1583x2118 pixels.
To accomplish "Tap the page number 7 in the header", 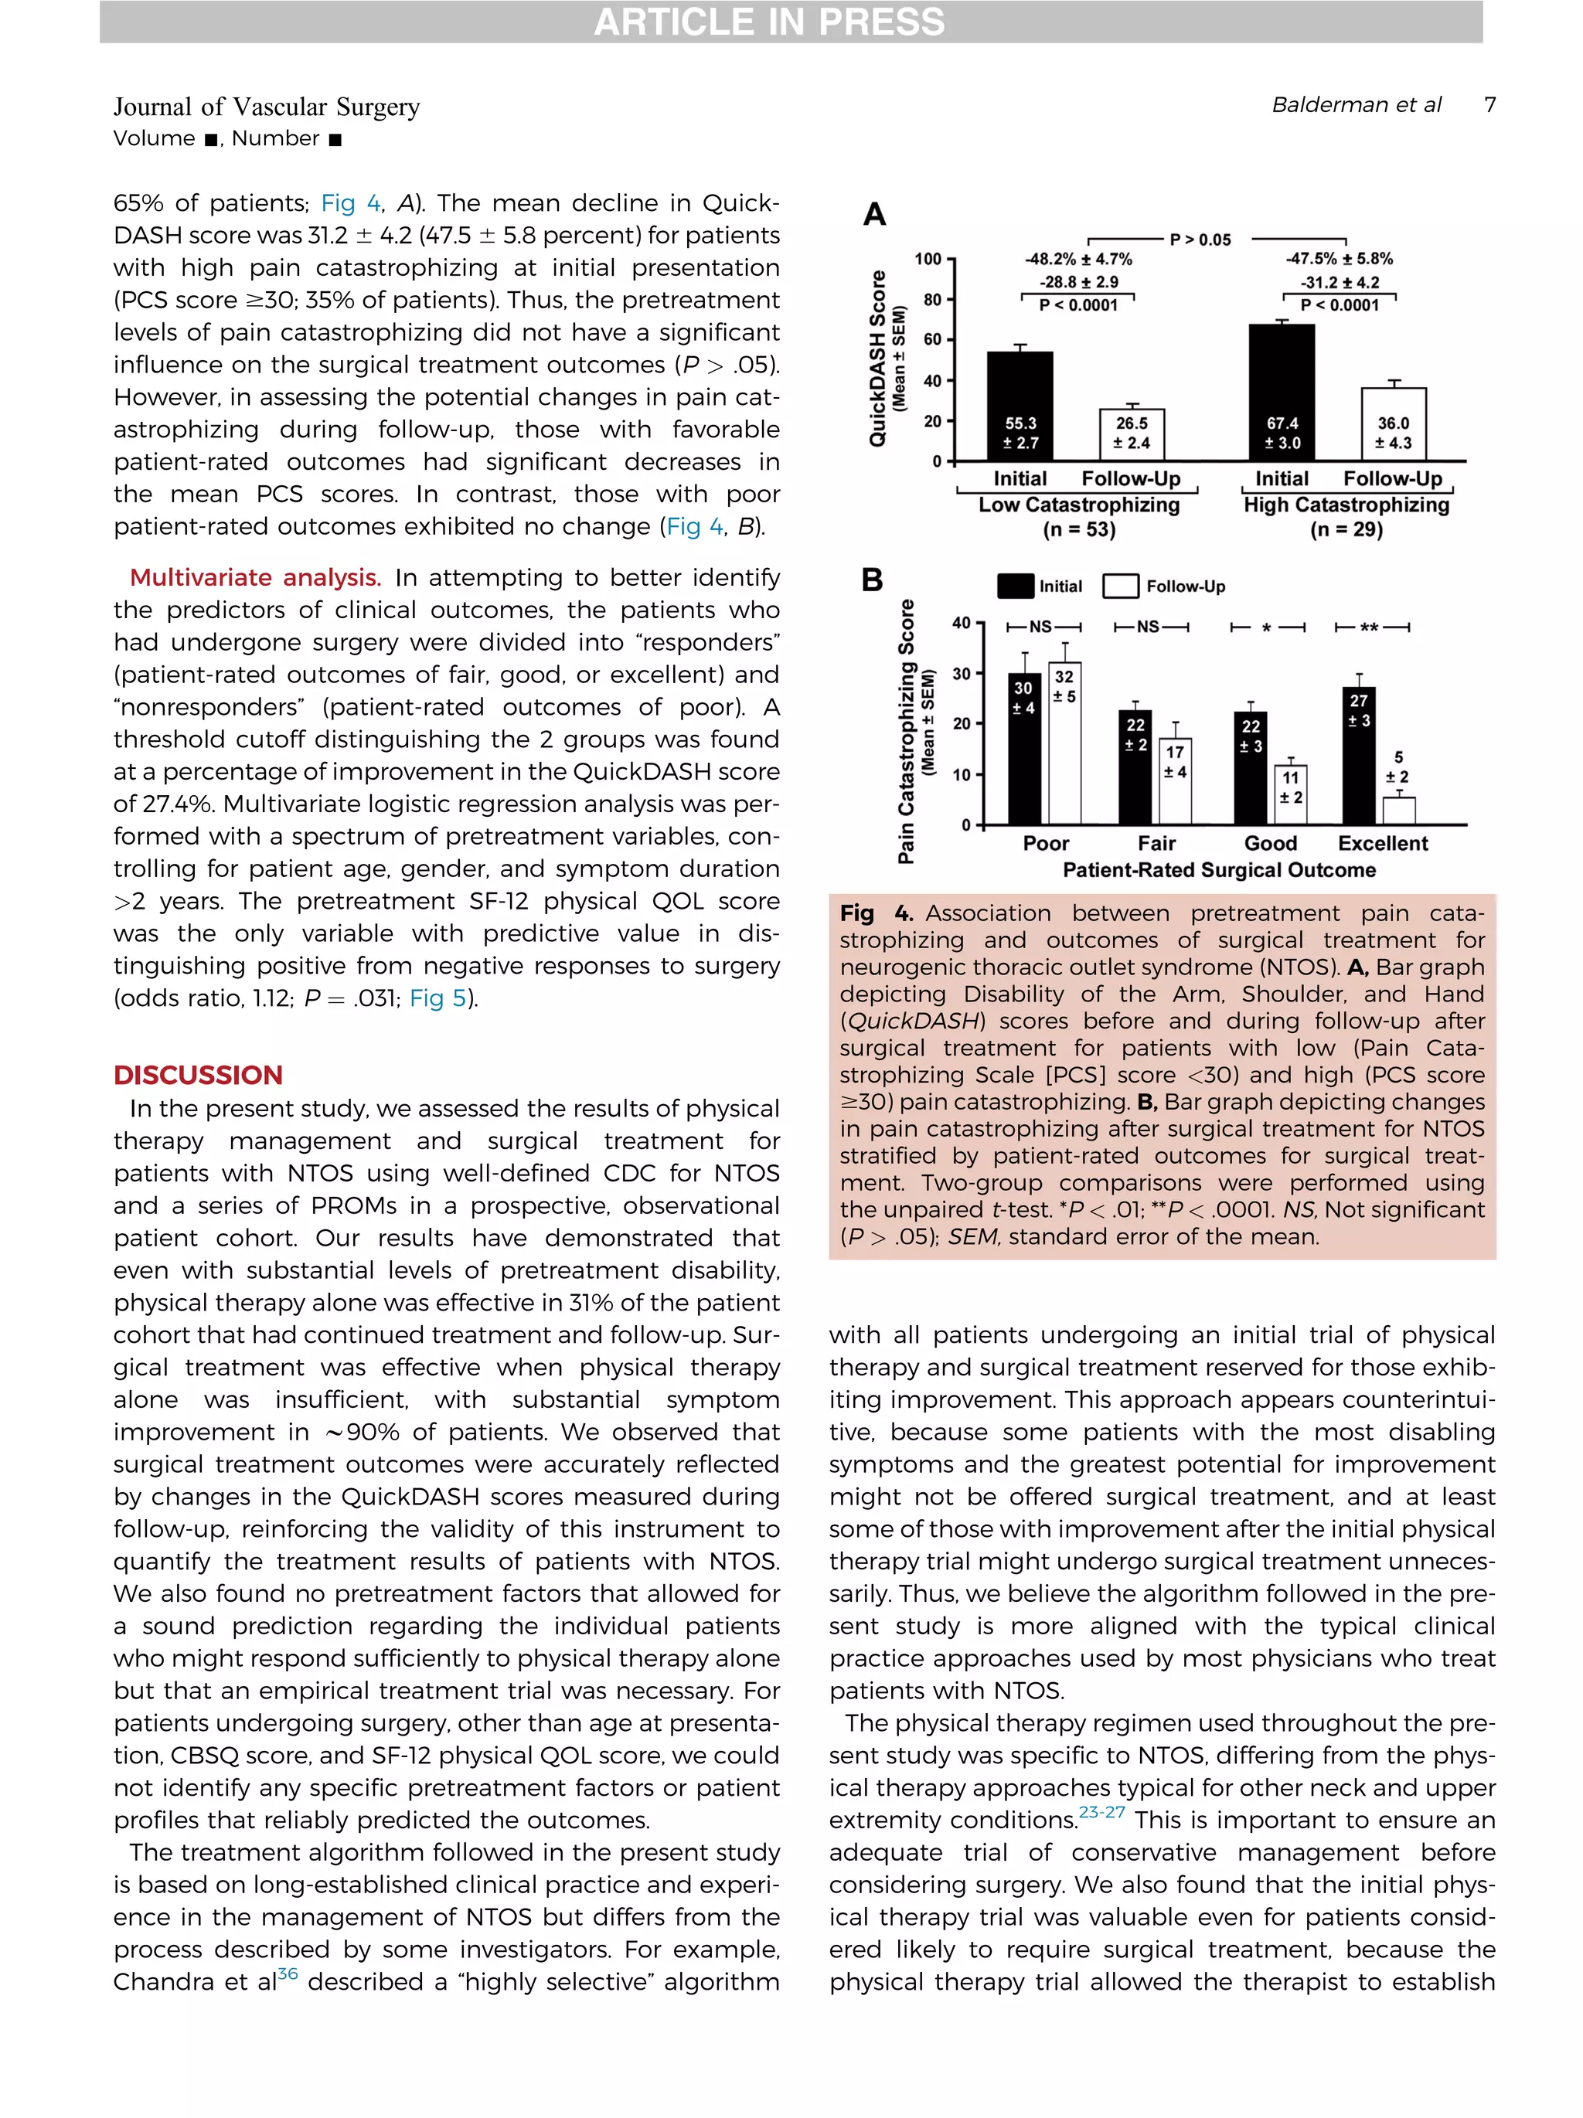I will (x=1489, y=104).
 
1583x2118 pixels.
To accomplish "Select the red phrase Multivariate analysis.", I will (x=255, y=577).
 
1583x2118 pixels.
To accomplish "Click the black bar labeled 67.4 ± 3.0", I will (x=1282, y=392).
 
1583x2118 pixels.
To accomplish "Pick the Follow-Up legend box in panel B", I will (x=1121, y=586).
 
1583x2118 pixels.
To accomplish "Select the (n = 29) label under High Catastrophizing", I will (x=1346, y=529).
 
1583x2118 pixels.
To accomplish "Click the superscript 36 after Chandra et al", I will (x=288, y=1974).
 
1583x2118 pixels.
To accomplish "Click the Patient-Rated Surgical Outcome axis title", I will (x=1218, y=869).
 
